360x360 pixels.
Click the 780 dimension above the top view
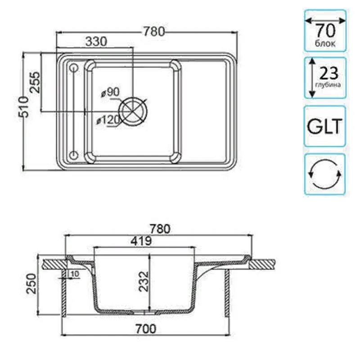(x=154, y=31)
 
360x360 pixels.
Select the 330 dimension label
(x=96, y=41)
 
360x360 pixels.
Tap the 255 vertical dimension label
(x=35, y=82)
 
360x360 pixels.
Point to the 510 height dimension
(x=24, y=107)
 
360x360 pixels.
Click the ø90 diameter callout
(x=110, y=92)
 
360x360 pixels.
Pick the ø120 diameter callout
(x=108, y=120)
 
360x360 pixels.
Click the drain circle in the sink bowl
(x=133, y=111)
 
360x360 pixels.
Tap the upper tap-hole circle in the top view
(x=74, y=68)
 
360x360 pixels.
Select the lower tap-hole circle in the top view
(x=74, y=155)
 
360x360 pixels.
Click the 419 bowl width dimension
(x=141, y=241)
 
